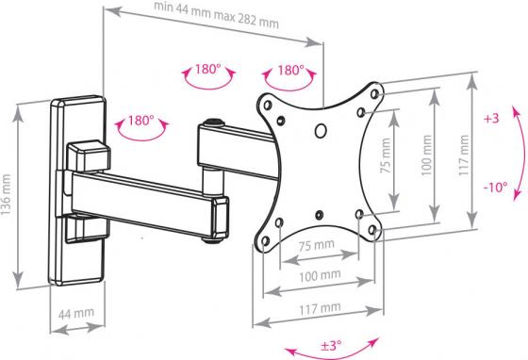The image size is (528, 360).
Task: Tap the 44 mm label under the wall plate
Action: tap(76, 314)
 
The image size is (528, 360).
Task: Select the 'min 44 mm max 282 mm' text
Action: tap(216, 15)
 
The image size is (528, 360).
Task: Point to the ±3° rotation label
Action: tap(331, 345)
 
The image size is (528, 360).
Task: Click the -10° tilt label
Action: tap(496, 187)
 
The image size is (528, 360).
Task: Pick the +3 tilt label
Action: tap(491, 119)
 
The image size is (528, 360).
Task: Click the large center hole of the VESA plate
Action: tap(321, 131)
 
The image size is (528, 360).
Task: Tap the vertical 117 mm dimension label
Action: tap(464, 155)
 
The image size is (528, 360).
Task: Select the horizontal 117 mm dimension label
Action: tap(320, 308)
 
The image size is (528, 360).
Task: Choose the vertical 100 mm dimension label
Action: tap(426, 155)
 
